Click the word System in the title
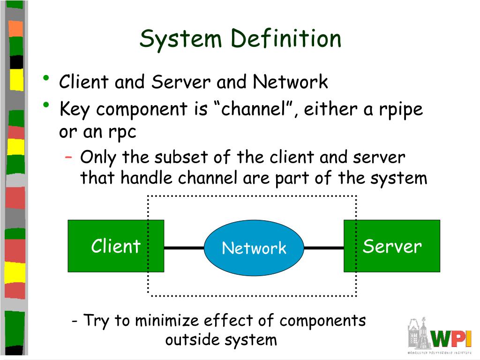point(180,40)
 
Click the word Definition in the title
point(286,38)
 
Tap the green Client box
point(116,246)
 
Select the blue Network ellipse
point(254,247)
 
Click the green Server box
point(392,246)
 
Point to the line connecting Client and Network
point(184,247)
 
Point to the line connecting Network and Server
point(324,247)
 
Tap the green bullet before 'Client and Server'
point(46,78)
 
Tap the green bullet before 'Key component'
point(46,105)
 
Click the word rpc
point(122,133)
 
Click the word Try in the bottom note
point(96,321)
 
